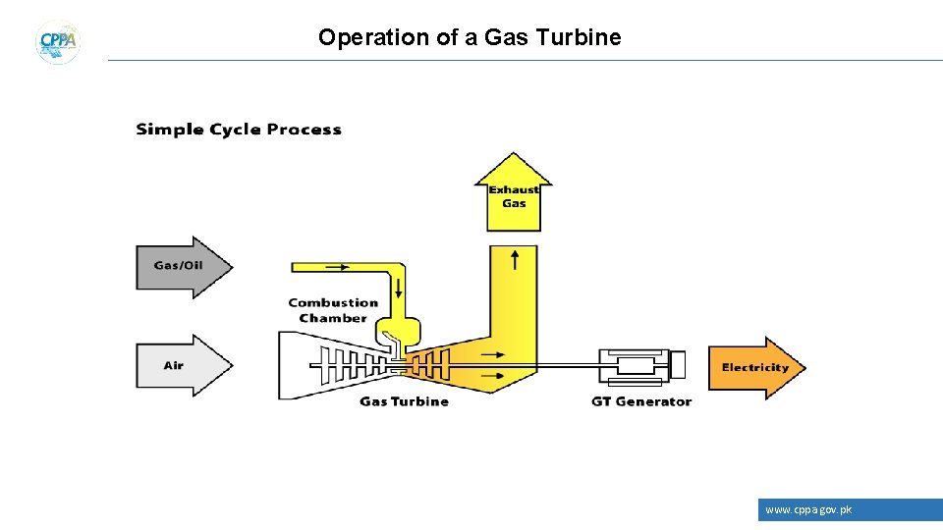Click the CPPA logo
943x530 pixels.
click(58, 41)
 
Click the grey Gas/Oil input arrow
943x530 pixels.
click(183, 266)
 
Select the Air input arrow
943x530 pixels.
click(183, 366)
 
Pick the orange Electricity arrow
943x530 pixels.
click(755, 367)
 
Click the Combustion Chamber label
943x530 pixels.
click(332, 310)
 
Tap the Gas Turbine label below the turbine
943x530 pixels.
click(404, 401)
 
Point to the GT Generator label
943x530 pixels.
click(641, 401)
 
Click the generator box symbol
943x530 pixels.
click(638, 365)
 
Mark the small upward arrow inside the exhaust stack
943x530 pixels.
click(515, 259)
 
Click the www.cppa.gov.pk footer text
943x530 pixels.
click(808, 509)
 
